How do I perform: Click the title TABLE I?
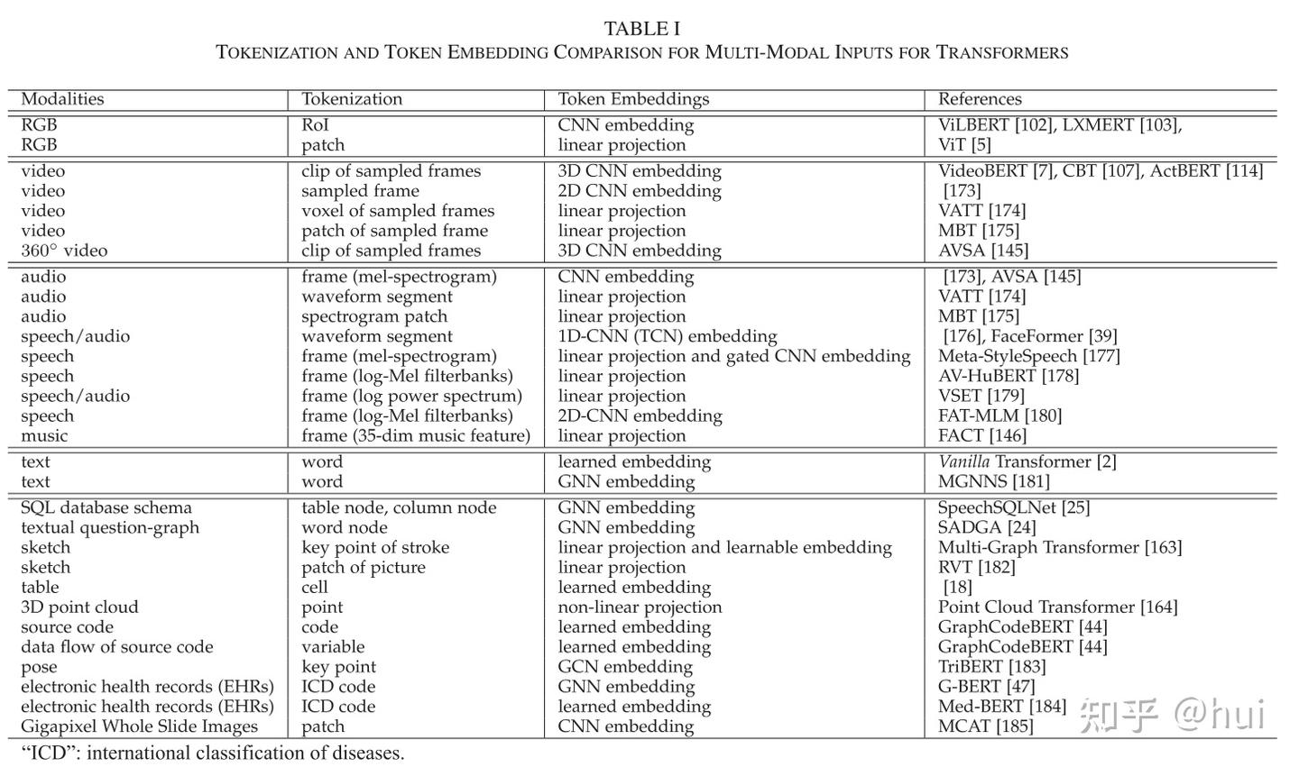[x=641, y=29]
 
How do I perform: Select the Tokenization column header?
[x=352, y=99]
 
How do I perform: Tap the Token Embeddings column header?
[x=633, y=99]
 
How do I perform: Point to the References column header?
[x=980, y=99]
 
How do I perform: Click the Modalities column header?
[x=62, y=99]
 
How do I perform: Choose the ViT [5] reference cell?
[x=964, y=145]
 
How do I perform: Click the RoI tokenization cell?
[x=315, y=125]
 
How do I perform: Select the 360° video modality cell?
[x=64, y=251]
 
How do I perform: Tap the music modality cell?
[x=44, y=436]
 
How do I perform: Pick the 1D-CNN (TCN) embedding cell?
[x=668, y=336]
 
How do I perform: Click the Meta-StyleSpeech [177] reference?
[x=1028, y=356]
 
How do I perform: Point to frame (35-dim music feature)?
[x=416, y=436]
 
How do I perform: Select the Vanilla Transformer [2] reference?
[x=1027, y=462]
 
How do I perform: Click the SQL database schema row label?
[x=106, y=508]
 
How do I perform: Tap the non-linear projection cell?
[x=640, y=607]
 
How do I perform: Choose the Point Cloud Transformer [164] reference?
[x=1057, y=607]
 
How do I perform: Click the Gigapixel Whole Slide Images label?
[x=139, y=726]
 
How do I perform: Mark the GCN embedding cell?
[x=625, y=667]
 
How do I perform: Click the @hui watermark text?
[x=1220, y=715]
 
